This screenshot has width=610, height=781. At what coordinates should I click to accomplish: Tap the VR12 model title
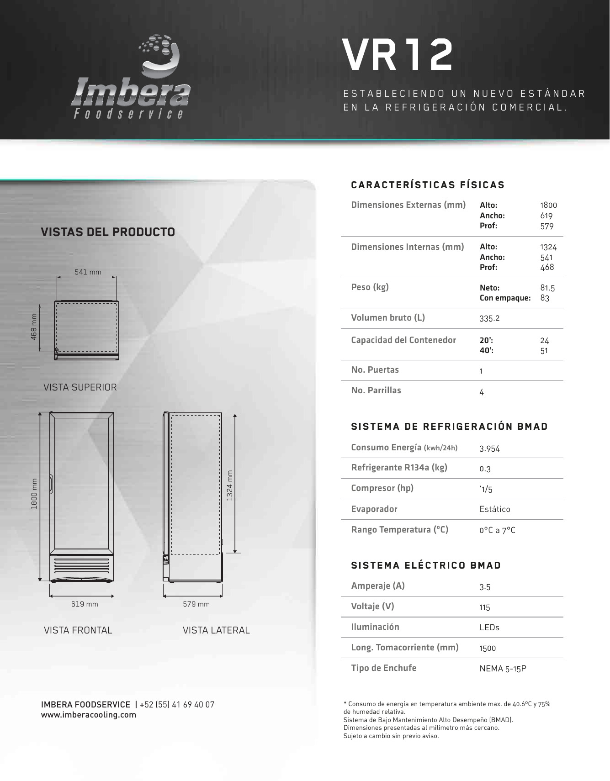(398, 55)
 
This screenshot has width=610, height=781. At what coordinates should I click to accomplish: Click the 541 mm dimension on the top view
(88, 272)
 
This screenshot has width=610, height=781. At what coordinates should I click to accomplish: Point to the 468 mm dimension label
(34, 326)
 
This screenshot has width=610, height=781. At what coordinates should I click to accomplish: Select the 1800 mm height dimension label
(34, 495)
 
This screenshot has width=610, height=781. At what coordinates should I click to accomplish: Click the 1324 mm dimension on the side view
(230, 485)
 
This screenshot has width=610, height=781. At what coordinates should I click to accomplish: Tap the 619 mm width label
(85, 604)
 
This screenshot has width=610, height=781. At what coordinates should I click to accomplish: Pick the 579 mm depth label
(196, 604)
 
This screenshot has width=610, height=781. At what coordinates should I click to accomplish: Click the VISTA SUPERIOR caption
(80, 387)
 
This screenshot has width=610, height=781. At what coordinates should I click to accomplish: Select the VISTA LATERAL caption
(216, 630)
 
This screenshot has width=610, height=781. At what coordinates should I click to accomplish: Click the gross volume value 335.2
(489, 318)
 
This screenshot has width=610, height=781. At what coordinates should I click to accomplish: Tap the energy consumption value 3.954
(489, 449)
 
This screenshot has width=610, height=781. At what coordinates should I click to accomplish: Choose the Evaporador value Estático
(495, 509)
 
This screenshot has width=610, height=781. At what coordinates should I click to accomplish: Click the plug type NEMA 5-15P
(503, 669)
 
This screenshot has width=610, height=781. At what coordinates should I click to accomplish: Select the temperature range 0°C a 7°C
(497, 530)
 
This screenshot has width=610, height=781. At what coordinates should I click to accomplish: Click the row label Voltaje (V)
(372, 607)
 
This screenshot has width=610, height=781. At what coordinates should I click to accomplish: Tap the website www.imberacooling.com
(89, 715)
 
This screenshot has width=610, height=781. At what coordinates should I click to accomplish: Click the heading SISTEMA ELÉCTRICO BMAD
(426, 565)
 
